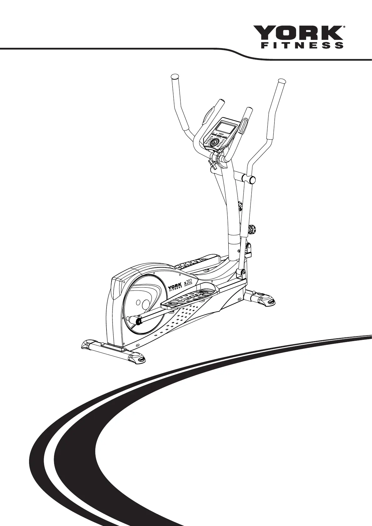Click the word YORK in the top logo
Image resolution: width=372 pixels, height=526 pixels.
[x=297, y=33]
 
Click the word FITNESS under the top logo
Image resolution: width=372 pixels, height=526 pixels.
[x=302, y=45]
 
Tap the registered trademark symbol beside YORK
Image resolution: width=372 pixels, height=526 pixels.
[x=344, y=27]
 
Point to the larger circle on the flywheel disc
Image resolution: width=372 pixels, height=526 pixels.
[x=146, y=303]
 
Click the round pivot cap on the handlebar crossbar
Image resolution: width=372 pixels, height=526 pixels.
[x=251, y=180]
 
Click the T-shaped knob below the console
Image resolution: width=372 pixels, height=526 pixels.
[x=212, y=164]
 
